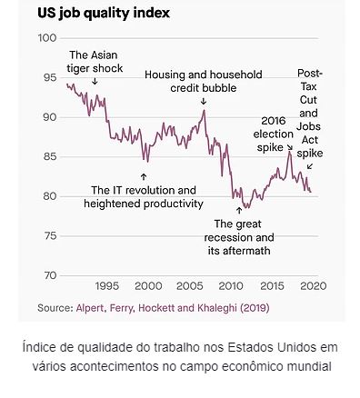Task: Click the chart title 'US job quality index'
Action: [x=104, y=14]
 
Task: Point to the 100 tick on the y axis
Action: [x=47, y=38]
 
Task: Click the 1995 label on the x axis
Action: [x=107, y=286]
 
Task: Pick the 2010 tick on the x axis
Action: [x=231, y=286]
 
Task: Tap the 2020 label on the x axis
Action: [x=314, y=286]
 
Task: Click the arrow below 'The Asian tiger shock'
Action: [x=95, y=81]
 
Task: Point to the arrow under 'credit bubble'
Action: [x=204, y=101]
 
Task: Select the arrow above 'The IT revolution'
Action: [x=144, y=176]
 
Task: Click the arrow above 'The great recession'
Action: [x=239, y=210]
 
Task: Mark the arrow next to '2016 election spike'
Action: [x=289, y=147]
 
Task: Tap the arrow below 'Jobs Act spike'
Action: [x=310, y=166]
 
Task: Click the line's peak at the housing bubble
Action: [x=205, y=110]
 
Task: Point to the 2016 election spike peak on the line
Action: [x=289, y=152]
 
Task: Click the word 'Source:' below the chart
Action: [x=55, y=308]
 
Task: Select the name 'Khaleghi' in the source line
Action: [x=217, y=308]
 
